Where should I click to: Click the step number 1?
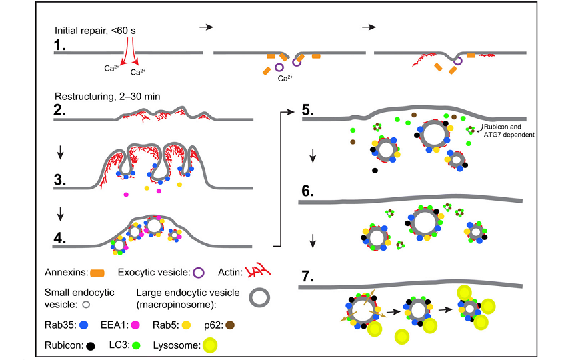coord(59,45)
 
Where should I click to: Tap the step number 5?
coord(308,110)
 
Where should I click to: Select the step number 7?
coord(308,276)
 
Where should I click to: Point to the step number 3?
coord(59,179)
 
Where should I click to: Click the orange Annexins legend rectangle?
coord(97,273)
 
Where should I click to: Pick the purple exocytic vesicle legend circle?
coord(199,273)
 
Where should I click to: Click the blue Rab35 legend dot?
coord(84,325)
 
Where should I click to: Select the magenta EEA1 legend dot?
coord(135,325)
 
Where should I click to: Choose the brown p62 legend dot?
coord(230,325)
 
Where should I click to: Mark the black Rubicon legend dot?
coord(90,346)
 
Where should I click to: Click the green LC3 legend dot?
coord(136,345)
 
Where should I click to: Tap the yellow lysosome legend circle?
coord(210,345)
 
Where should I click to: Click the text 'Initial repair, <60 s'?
coord(95,31)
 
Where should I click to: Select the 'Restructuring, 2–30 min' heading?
coord(107,97)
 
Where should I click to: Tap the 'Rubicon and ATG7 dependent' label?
coord(509,131)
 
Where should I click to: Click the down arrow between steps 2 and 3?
coord(60,152)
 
